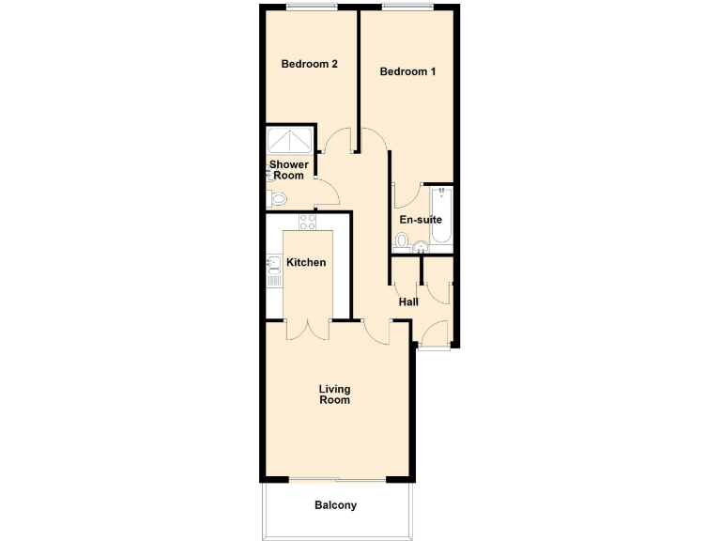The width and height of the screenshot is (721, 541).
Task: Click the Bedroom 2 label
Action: point(310,65)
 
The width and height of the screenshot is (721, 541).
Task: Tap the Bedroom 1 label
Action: point(407,71)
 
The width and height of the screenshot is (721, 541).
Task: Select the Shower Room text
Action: point(289,170)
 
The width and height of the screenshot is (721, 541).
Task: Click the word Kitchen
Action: point(306,262)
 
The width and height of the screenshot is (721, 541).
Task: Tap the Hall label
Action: point(408,302)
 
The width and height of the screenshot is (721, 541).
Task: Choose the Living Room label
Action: point(334,394)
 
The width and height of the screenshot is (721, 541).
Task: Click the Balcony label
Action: point(335,505)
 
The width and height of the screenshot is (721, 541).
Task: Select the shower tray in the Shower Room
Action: point(291,140)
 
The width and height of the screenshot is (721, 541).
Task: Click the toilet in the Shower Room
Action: point(277,199)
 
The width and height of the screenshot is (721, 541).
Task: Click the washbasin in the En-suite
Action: point(421,248)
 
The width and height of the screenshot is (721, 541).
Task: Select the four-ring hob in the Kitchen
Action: point(307,223)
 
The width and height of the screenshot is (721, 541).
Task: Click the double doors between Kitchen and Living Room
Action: point(307,329)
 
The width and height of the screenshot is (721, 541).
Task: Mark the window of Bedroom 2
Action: point(311,8)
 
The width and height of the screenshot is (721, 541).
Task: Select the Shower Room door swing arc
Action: point(328,193)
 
